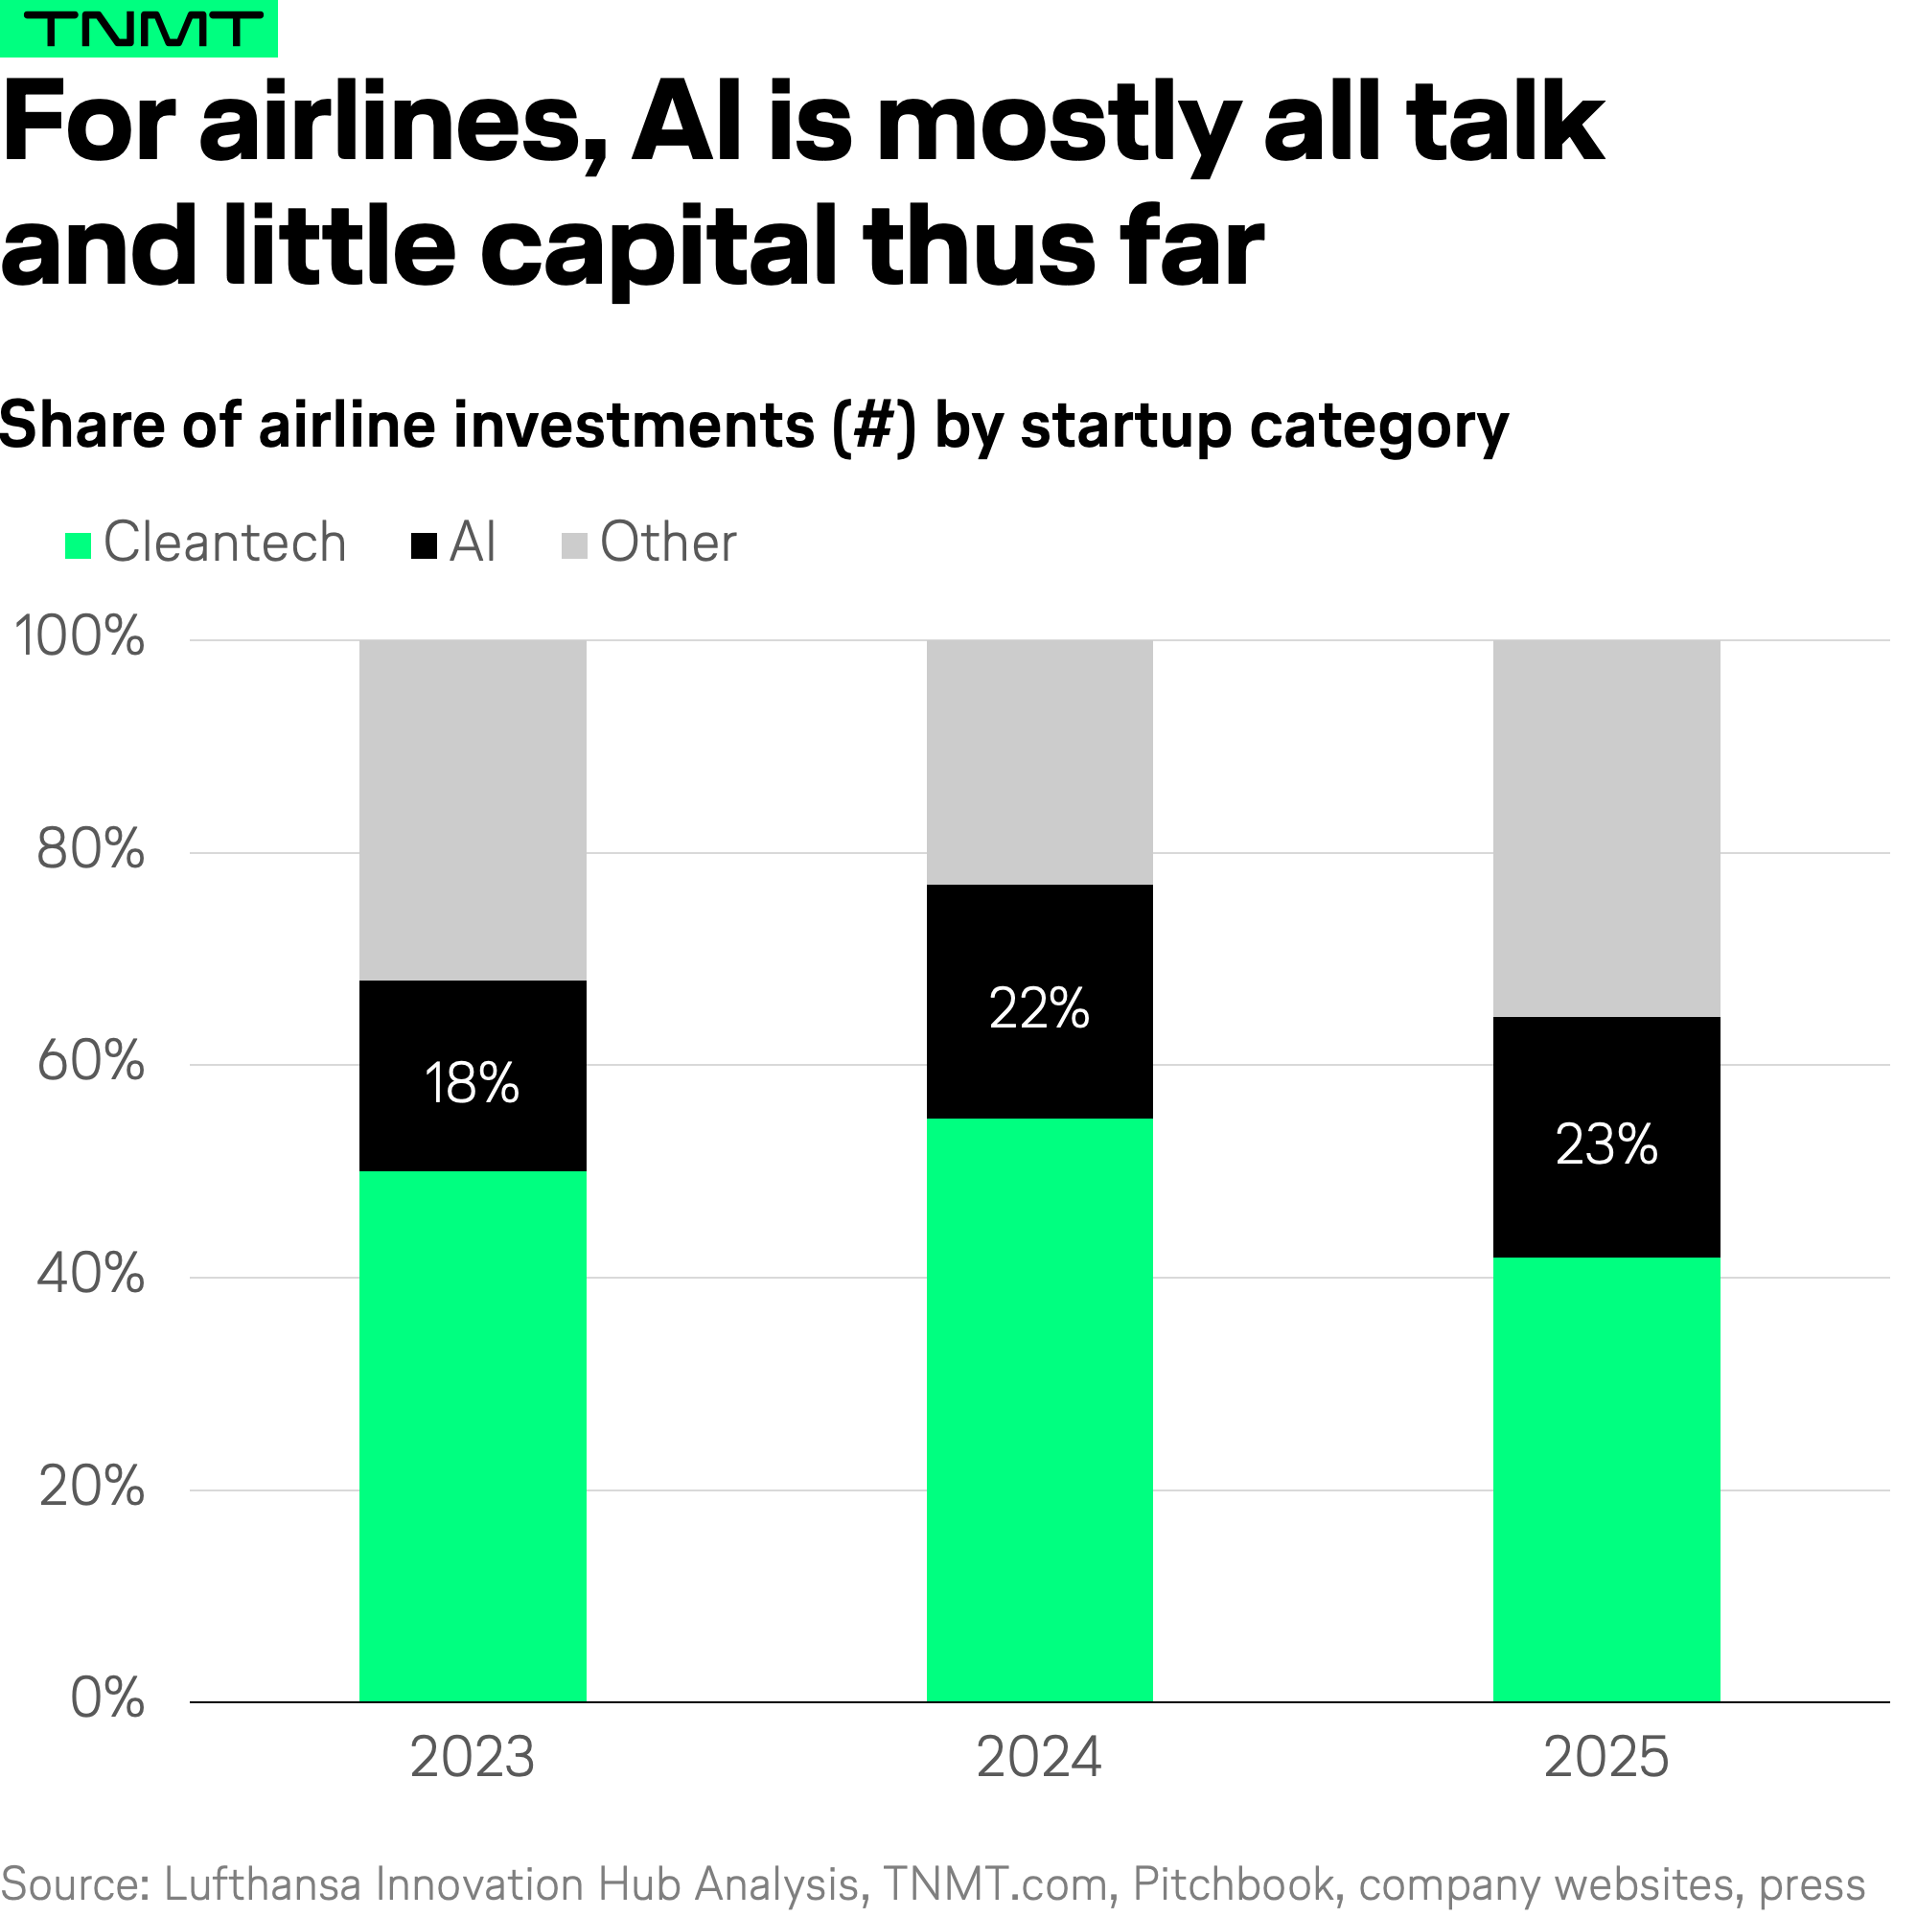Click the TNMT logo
(x=139, y=29)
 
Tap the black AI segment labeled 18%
(x=473, y=1082)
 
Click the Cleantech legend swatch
(x=79, y=545)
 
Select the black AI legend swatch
(x=424, y=545)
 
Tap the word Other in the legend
(x=668, y=543)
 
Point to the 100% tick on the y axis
(x=80, y=636)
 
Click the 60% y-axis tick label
(x=90, y=1061)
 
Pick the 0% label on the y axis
(x=107, y=1698)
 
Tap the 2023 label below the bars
(x=473, y=1757)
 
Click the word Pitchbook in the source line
(x=1234, y=1884)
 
